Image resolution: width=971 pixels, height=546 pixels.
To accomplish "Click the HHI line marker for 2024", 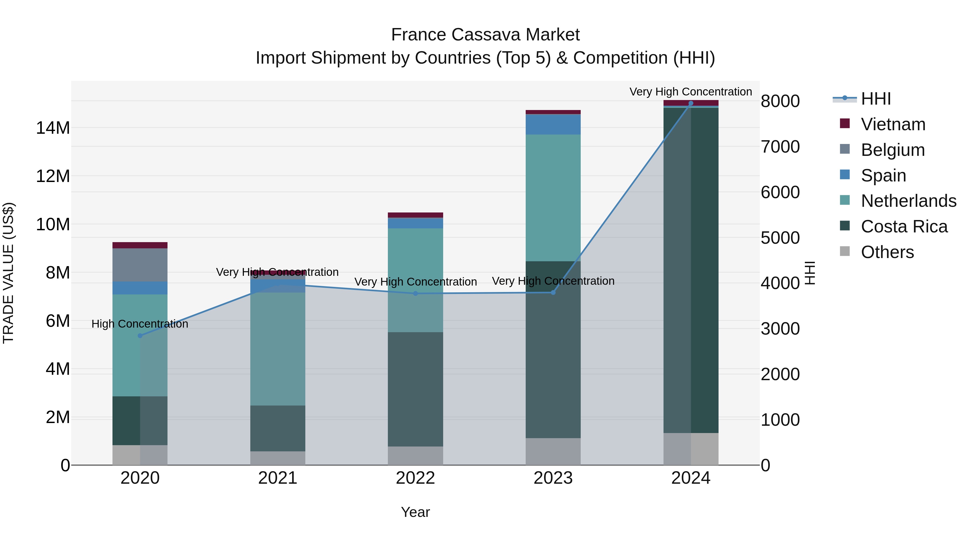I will click(690, 103).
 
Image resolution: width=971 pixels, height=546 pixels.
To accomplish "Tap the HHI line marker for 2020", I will click(140, 336).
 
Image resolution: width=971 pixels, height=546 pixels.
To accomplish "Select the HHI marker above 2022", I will click(415, 294).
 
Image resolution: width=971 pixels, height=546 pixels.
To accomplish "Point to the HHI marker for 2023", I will click(553, 292).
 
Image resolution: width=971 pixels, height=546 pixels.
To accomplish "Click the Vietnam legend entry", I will click(893, 124).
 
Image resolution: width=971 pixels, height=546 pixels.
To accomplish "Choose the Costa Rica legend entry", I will click(904, 226).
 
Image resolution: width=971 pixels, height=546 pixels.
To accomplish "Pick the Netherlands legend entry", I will click(908, 201).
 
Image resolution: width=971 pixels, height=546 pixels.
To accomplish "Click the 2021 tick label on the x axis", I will click(278, 478).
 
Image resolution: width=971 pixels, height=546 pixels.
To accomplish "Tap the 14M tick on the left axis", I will click(53, 128).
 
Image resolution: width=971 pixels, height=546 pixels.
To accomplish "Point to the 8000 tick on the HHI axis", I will click(780, 101).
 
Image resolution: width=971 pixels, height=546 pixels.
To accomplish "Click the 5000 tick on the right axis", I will click(780, 238).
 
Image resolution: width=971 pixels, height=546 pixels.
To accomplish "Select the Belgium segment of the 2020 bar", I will click(140, 265).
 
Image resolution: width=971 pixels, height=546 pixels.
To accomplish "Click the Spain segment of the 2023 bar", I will click(553, 124).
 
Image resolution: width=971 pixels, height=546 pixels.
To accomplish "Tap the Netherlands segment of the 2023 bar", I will click(553, 198).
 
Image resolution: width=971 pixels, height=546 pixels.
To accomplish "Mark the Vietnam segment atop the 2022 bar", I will click(415, 215).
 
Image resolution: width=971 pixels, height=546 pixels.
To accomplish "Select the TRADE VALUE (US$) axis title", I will click(8, 273).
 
